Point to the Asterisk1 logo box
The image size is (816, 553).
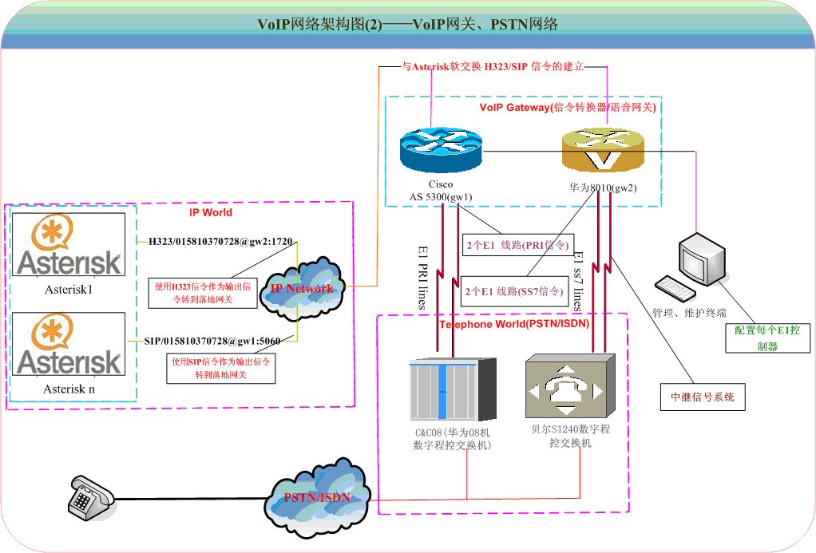69,245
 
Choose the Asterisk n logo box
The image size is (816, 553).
69,344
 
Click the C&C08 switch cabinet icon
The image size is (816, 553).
453,389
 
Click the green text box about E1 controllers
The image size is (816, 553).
767,338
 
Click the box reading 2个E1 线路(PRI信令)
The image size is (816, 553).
517,245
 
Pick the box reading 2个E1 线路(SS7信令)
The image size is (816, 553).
513,292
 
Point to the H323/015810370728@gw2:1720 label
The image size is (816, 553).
220,240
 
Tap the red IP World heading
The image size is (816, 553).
211,213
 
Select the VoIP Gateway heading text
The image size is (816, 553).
572,107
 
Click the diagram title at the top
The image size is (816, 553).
407,25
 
